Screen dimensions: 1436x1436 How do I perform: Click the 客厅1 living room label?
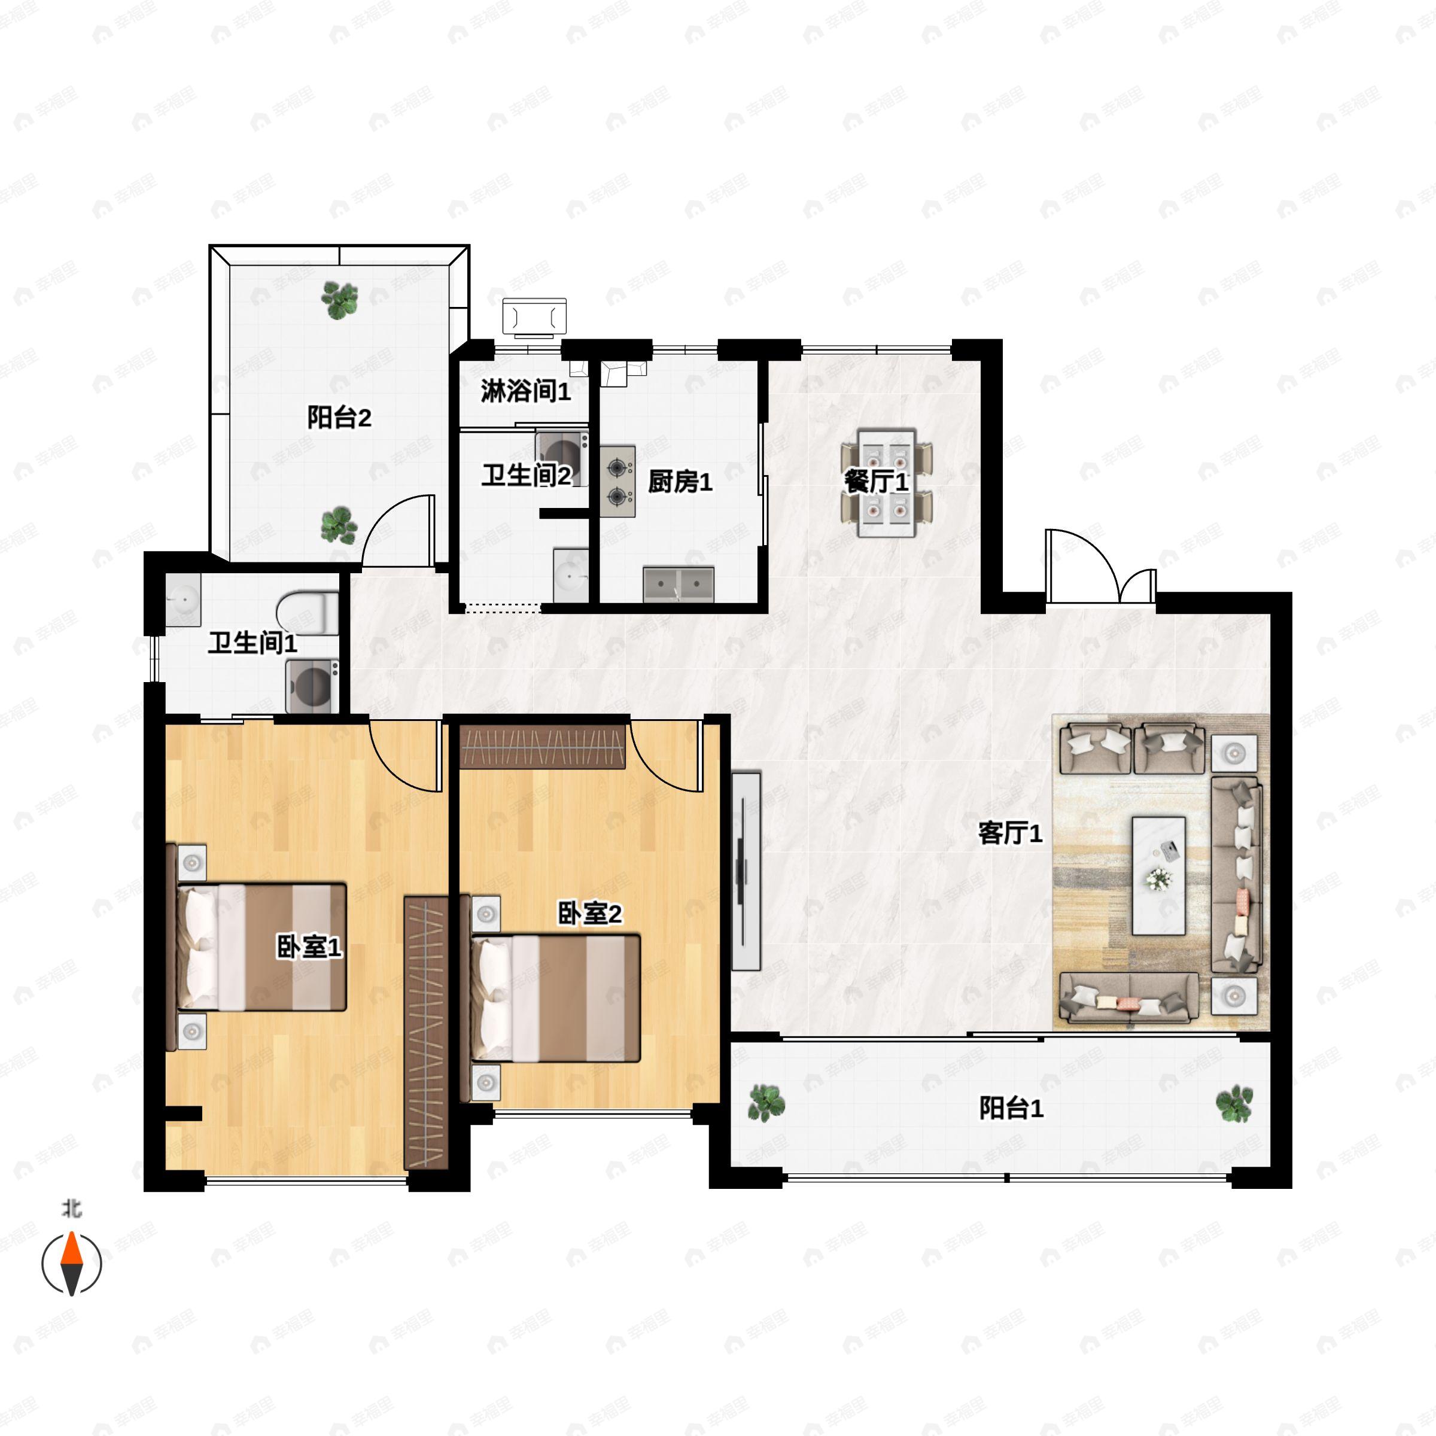pos(1010,833)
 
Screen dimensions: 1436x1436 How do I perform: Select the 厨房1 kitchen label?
pos(680,482)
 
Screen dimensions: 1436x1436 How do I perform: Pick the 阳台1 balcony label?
pos(1011,1108)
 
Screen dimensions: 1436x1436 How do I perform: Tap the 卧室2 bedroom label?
pos(589,914)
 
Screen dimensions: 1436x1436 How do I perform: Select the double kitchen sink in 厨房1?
pos(679,583)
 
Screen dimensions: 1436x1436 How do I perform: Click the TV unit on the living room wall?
pos(746,871)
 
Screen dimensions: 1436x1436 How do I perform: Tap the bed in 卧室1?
pos(261,947)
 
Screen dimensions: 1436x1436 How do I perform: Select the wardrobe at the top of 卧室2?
pos(543,747)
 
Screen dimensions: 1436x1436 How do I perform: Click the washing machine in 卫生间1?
pos(313,687)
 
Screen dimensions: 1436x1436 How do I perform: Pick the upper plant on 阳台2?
pos(339,300)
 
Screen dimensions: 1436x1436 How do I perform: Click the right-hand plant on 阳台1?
pos(1234,1103)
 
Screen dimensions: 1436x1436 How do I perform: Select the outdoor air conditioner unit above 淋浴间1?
pos(534,317)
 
